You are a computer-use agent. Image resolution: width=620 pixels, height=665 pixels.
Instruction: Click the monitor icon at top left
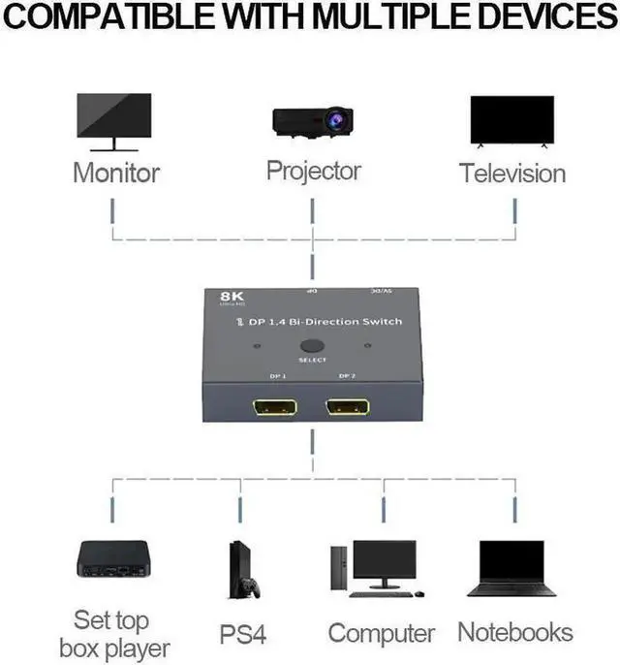(115, 119)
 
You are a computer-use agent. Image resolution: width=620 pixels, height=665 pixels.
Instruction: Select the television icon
(511, 121)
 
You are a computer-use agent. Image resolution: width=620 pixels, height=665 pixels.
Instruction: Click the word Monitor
(116, 174)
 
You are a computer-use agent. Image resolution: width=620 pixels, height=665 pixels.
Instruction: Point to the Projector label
(313, 172)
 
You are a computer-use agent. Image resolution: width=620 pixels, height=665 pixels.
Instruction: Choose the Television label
(511, 174)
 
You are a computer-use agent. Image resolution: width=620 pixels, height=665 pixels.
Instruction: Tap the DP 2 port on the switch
(348, 408)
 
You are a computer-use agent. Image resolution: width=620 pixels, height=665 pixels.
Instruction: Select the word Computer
(381, 634)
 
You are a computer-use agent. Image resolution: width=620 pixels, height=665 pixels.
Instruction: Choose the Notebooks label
(514, 633)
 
